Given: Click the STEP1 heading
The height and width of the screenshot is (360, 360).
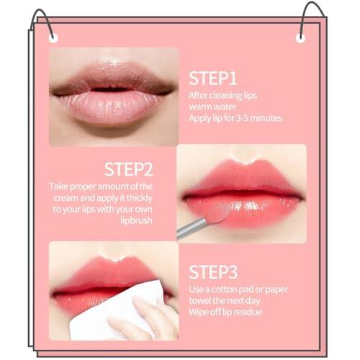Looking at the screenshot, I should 213,78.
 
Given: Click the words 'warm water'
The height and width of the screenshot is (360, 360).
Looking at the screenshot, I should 212,106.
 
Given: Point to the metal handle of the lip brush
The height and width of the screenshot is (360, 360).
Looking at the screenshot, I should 189,230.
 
